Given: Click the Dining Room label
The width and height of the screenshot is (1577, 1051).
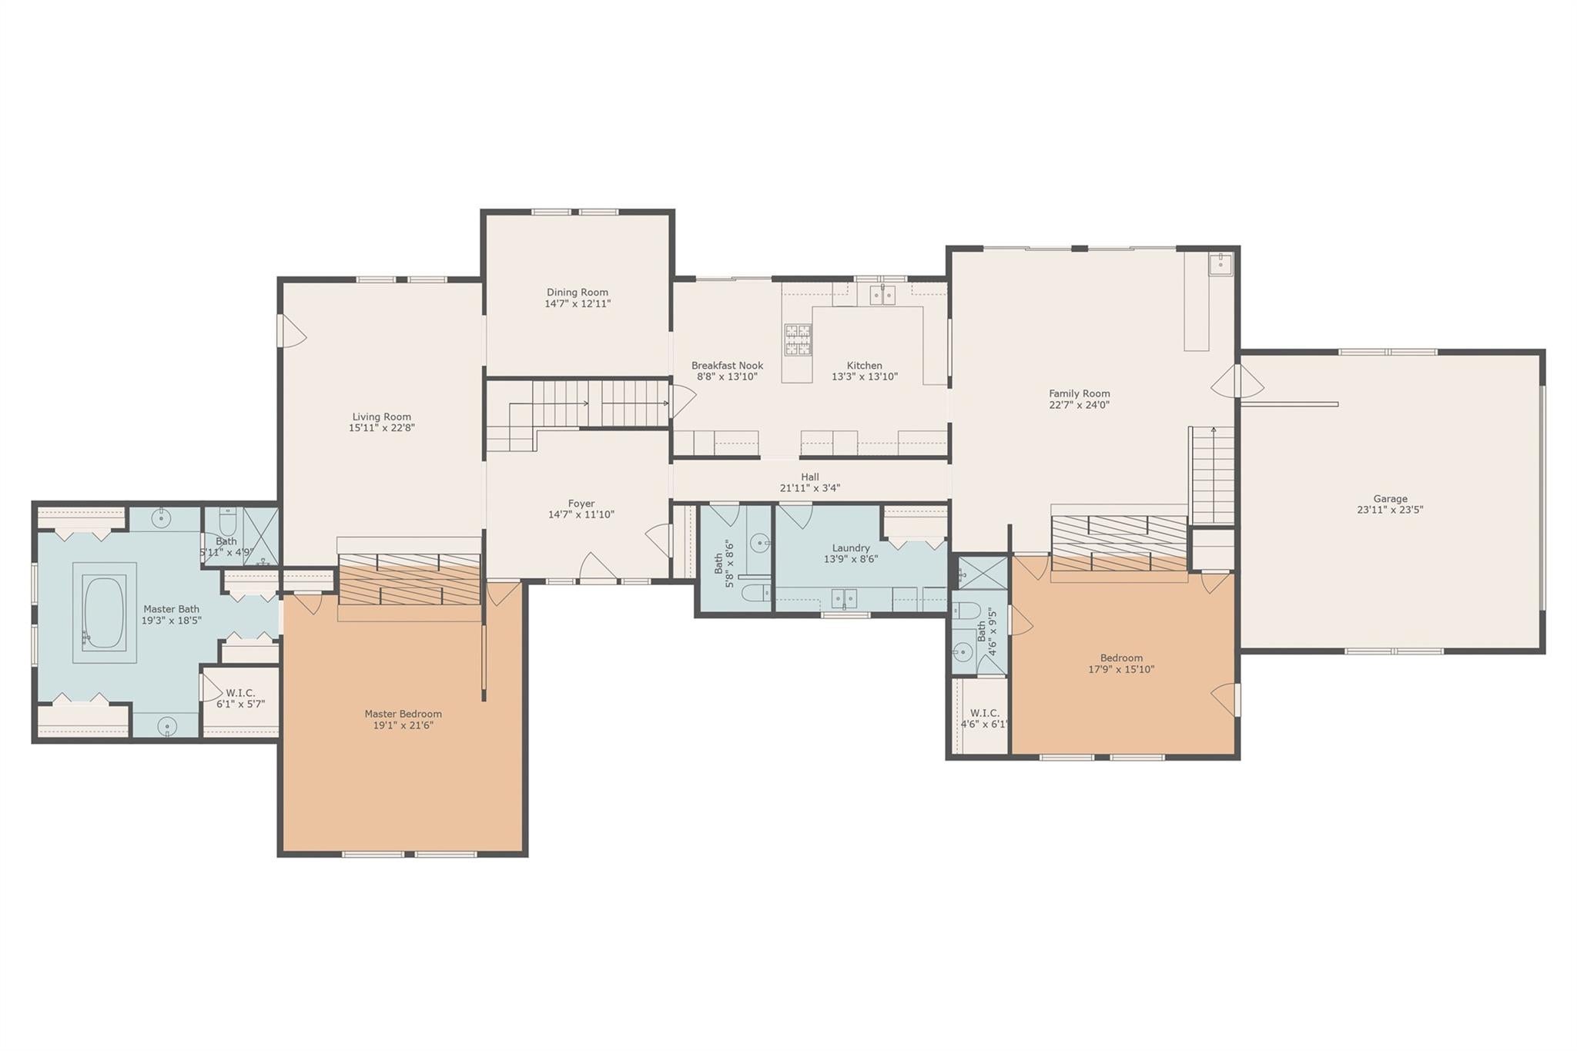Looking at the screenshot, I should [x=578, y=293].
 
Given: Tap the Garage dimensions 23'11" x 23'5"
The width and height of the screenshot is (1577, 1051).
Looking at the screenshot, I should [x=1390, y=510].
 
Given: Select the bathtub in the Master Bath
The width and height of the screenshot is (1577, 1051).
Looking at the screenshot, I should [x=104, y=614].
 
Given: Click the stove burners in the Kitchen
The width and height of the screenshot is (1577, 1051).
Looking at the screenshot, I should [x=798, y=340].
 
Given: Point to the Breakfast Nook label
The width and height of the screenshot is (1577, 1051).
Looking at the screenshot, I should [x=727, y=366].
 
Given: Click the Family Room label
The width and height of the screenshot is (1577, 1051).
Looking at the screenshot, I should [x=1079, y=393].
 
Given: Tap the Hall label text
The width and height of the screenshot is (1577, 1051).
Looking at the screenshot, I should [x=809, y=477].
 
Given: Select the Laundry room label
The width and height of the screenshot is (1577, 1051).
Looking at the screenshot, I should [x=850, y=548].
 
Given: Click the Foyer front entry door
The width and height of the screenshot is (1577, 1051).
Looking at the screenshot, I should [x=598, y=570].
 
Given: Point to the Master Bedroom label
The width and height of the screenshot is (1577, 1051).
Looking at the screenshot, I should [x=403, y=714].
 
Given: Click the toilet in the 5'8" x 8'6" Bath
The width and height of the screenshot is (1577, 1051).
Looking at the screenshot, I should [x=757, y=593].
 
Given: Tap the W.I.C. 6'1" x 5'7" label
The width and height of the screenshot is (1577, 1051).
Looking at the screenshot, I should [x=240, y=693].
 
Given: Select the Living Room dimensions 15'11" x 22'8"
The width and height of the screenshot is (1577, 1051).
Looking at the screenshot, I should [x=381, y=428].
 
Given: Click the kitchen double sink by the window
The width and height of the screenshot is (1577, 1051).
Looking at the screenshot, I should [x=882, y=295].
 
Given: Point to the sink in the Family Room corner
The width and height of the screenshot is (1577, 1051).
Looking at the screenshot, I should [x=1220, y=264].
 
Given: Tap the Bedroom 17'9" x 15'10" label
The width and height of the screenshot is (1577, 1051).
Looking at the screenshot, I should [x=1120, y=658].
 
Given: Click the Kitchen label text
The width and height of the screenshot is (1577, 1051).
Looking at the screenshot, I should [x=864, y=366].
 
